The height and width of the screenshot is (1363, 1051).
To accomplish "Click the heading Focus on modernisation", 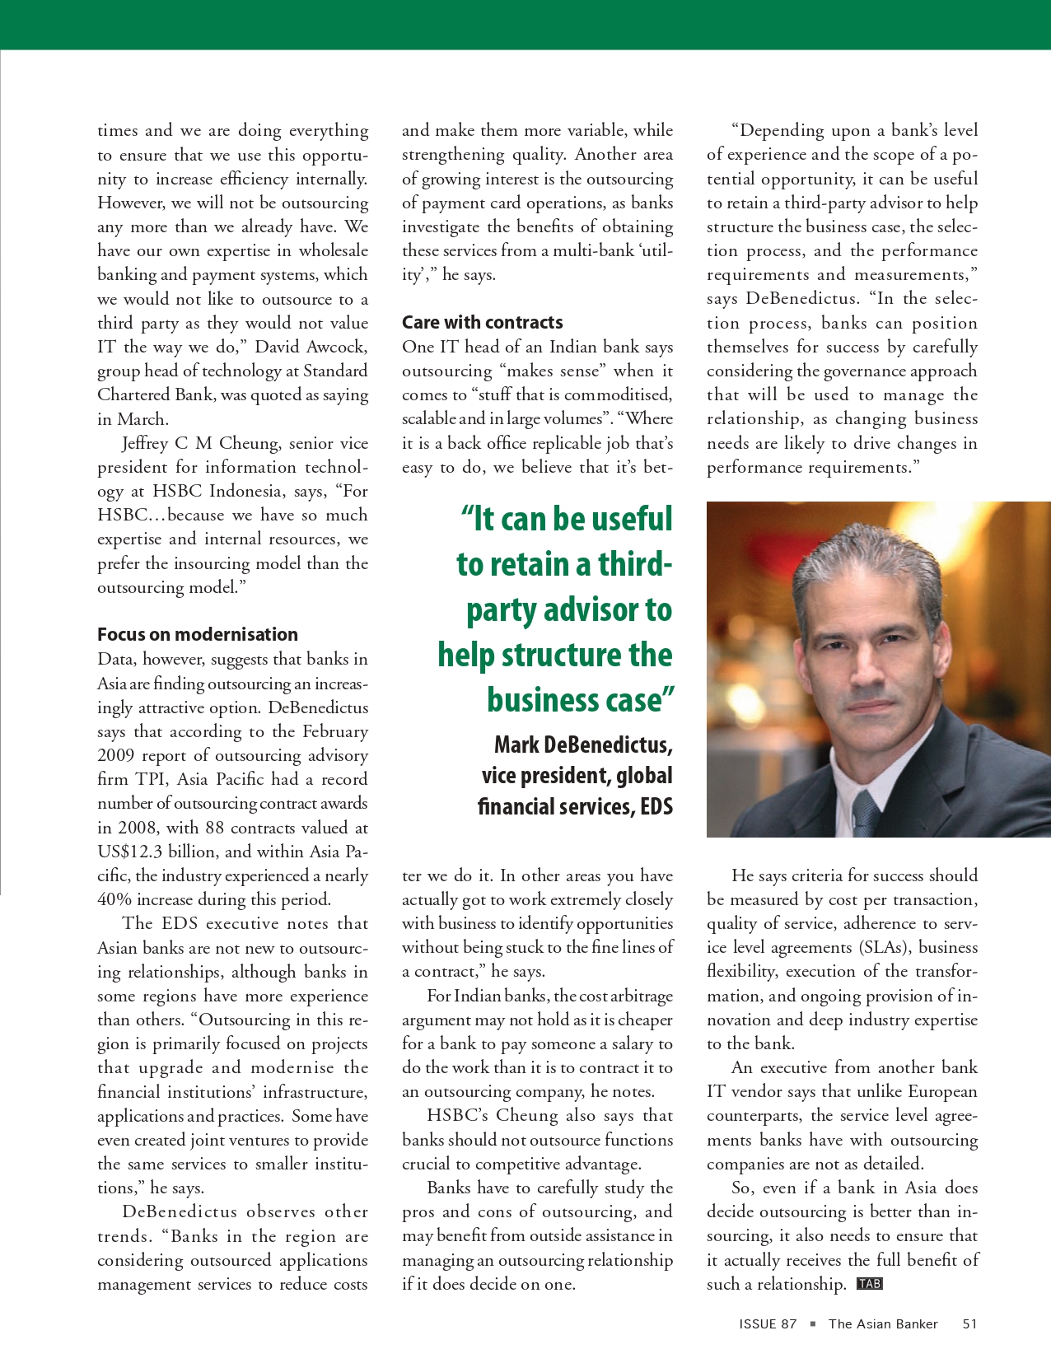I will (198, 634).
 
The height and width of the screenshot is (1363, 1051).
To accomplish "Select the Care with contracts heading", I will (482, 322).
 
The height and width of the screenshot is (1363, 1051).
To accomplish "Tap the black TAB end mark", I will (869, 1283).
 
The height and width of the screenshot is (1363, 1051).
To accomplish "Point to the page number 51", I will (969, 1324).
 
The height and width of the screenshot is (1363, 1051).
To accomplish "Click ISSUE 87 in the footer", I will (768, 1324).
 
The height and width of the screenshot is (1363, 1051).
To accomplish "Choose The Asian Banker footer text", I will (883, 1324).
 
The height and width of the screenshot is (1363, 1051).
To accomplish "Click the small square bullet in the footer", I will (813, 1324).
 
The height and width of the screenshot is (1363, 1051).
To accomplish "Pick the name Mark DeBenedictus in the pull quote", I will (583, 745).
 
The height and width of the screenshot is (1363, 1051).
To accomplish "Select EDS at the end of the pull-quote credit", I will (656, 806).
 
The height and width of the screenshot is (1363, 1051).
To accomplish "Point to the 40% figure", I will (114, 899).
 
